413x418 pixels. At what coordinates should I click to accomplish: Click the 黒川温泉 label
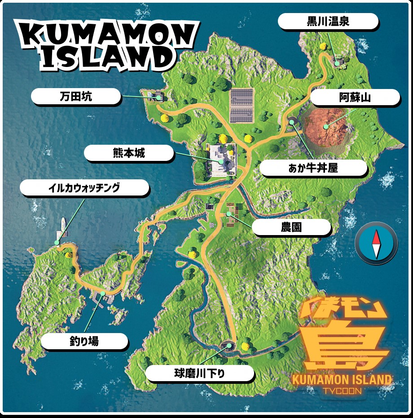pyautogui.click(x=328, y=21)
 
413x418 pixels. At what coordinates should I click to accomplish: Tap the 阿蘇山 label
pyautogui.click(x=355, y=97)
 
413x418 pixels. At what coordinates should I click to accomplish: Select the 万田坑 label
pyautogui.click(x=76, y=96)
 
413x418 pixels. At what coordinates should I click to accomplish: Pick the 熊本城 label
pyautogui.click(x=129, y=153)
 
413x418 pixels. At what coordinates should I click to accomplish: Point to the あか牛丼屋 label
pyautogui.click(x=313, y=168)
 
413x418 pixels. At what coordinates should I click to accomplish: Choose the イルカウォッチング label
pyautogui.click(x=84, y=188)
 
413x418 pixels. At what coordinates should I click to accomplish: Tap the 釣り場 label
pyautogui.click(x=84, y=341)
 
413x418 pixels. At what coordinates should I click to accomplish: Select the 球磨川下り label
pyautogui.click(x=199, y=373)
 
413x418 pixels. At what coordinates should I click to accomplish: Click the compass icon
pyautogui.click(x=376, y=243)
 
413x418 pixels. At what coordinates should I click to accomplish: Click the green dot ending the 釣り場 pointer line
pyautogui.click(x=104, y=293)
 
